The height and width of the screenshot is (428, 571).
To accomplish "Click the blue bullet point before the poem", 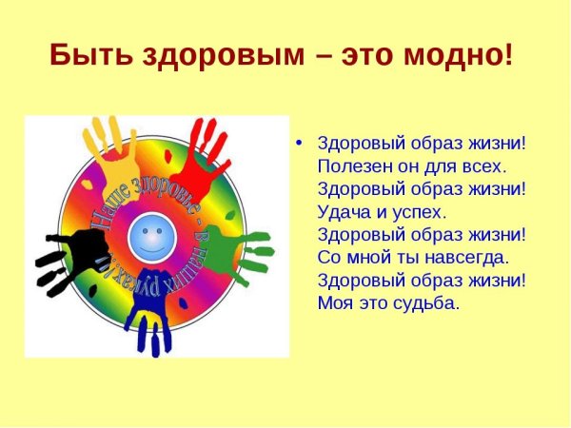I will point(299,144).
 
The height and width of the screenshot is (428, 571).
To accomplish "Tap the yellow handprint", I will point(104,148).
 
